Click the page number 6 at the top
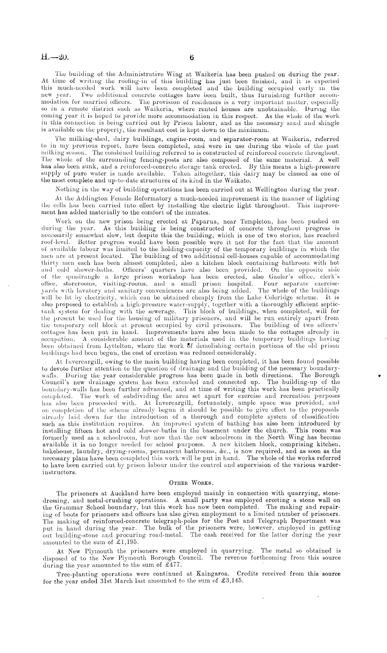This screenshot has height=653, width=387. point(191,58)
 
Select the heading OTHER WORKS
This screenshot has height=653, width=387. point(189,483)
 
